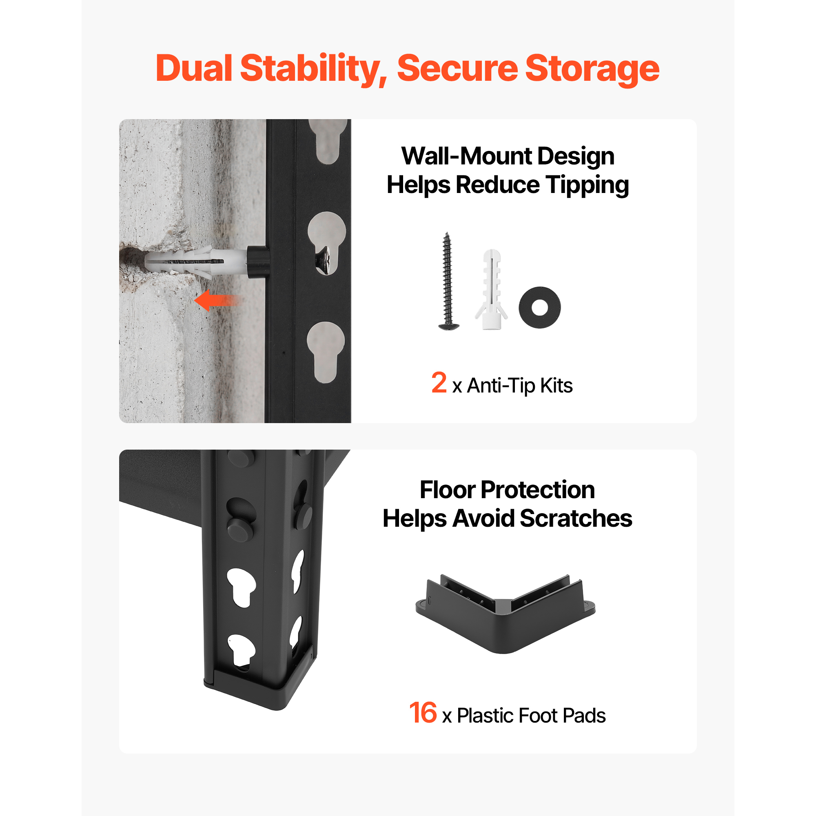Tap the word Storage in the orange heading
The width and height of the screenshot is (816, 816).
[x=592, y=70]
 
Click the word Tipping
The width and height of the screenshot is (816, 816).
[x=587, y=186]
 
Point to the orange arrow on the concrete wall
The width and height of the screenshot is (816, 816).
[x=217, y=300]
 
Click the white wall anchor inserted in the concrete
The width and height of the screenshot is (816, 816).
[x=195, y=262]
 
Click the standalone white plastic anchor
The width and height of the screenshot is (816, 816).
[x=492, y=289]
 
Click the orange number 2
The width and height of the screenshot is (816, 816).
[x=439, y=383]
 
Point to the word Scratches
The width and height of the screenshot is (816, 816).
[x=576, y=518]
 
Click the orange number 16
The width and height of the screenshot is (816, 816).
[x=423, y=712]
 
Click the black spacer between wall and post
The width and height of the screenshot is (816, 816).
[x=257, y=262]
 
